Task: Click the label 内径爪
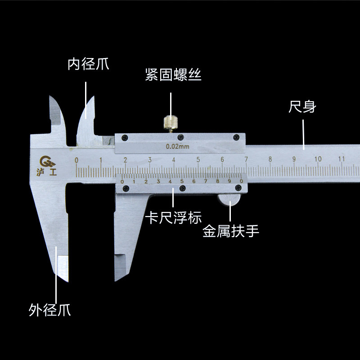(88, 64)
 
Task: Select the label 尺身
(302, 108)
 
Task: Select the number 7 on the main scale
(246, 159)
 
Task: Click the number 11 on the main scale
(342, 158)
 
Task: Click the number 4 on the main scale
(173, 159)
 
